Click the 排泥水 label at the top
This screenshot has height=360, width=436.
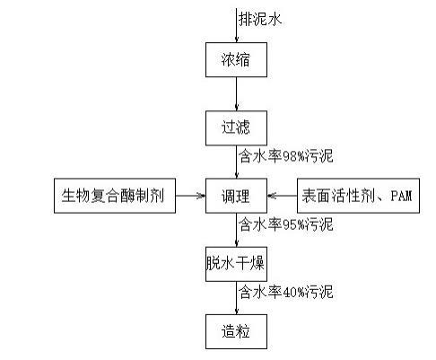pos(260,20)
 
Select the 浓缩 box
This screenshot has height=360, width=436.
pos(236,59)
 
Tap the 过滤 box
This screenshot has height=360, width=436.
pos(236,128)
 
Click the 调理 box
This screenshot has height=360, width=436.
pos(236,196)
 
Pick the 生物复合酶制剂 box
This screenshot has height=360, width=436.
pos(115,196)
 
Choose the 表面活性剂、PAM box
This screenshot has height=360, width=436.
pos(358,196)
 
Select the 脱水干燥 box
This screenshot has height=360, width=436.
pos(236,264)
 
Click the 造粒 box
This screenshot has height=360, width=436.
pos(236,331)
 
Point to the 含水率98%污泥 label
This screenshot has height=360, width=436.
pos(286,156)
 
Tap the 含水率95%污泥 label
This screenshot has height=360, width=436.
pos(286,224)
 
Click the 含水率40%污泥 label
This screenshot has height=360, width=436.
pos(286,292)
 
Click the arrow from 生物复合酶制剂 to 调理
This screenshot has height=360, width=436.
pos(190,196)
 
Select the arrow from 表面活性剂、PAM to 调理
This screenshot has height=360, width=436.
pos(282,196)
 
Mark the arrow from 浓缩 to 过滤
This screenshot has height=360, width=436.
pos(237,94)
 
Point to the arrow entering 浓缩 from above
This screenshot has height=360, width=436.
pos(237,25)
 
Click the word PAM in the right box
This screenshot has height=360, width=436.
pos(401,196)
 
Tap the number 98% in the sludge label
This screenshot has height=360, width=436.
pos(294,156)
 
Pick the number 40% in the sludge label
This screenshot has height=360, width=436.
pos(294,293)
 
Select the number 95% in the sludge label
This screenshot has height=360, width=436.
pos(294,224)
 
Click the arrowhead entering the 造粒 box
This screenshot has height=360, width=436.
pos(237,312)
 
